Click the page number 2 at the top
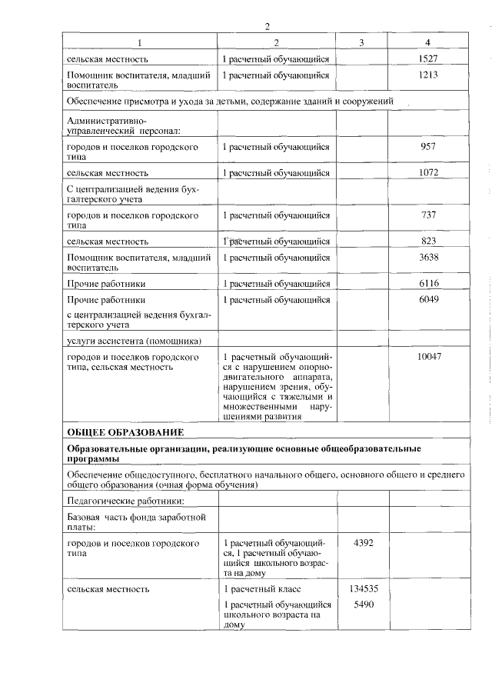267,26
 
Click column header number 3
361,42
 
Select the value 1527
428,58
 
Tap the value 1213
428,75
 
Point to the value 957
428,146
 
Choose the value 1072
428,173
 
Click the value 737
428,215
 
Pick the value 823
428,241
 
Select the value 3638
428,258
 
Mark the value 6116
428,284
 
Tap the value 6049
428,300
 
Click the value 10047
428,357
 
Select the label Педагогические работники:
120,501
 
